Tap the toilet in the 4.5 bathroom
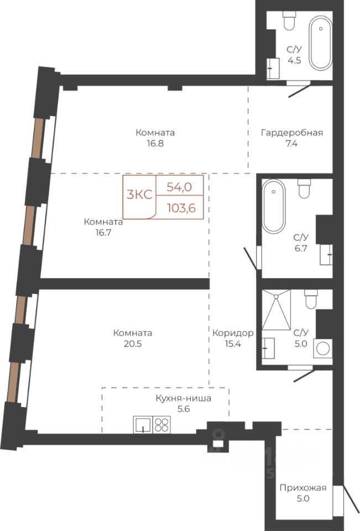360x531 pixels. (x=289, y=21)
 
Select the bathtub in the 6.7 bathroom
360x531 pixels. (x=274, y=206)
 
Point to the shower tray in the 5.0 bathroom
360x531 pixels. (x=276, y=310)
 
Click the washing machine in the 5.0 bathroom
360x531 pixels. (x=322, y=348)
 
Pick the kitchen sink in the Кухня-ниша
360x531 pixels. (x=143, y=425)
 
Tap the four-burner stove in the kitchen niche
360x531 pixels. (x=161, y=425)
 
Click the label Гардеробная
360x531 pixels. (x=291, y=132)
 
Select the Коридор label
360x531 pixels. (x=233, y=333)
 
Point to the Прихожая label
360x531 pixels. (x=303, y=488)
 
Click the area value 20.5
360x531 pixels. (x=132, y=343)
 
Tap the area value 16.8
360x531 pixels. (x=155, y=143)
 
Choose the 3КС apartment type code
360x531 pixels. (x=139, y=195)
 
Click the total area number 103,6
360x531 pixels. (x=181, y=207)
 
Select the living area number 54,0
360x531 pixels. (x=180, y=186)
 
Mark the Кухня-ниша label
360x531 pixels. (x=183, y=398)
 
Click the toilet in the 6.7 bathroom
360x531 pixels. (x=304, y=188)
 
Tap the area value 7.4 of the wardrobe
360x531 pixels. (x=291, y=143)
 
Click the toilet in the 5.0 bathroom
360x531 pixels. (x=311, y=299)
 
